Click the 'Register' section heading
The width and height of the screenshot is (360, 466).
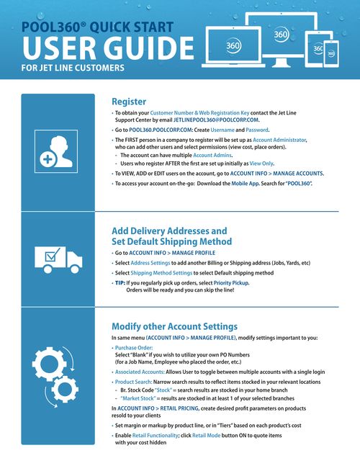pos(130,102)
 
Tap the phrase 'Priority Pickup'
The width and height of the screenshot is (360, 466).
pos(245,283)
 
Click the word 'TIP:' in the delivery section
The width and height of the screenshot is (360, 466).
pos(122,283)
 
